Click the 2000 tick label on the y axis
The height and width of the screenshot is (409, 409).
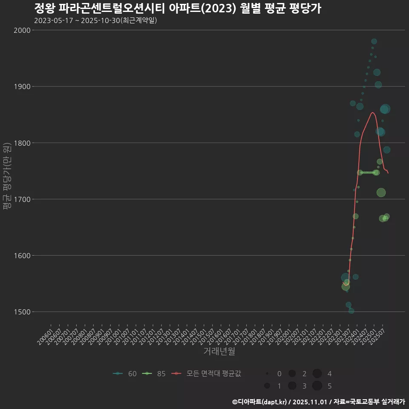(22, 30)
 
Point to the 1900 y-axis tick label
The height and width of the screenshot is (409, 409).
(22, 86)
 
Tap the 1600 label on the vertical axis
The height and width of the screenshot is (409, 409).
(22, 256)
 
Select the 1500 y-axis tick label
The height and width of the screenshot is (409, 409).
(22, 312)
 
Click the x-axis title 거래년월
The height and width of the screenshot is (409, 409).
(219, 351)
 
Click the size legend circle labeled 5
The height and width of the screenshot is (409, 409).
(317, 386)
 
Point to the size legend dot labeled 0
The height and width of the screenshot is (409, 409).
(267, 374)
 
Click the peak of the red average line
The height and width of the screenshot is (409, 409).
(372, 112)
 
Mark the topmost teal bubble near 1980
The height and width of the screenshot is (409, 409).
(374, 41)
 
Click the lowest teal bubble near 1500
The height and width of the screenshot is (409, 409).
(351, 311)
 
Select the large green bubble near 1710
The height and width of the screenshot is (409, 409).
(381, 193)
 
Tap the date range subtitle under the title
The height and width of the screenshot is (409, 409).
(95, 20)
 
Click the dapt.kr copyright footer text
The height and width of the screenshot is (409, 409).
(319, 401)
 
